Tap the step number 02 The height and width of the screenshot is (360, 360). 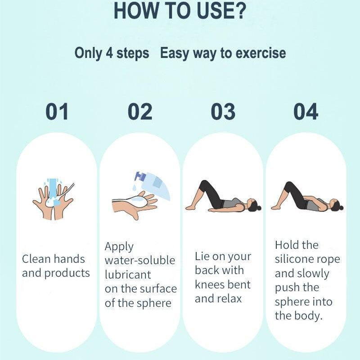140,112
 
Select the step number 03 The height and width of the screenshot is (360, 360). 223,112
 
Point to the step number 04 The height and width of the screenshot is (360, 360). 306,112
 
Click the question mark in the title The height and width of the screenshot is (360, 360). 240,10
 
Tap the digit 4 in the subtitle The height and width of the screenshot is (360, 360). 109,53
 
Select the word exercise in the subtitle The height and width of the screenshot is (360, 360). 261,53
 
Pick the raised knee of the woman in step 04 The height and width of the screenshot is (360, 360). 287,184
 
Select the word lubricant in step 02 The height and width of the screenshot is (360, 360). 128,274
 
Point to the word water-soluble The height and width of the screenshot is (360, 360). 140,261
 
